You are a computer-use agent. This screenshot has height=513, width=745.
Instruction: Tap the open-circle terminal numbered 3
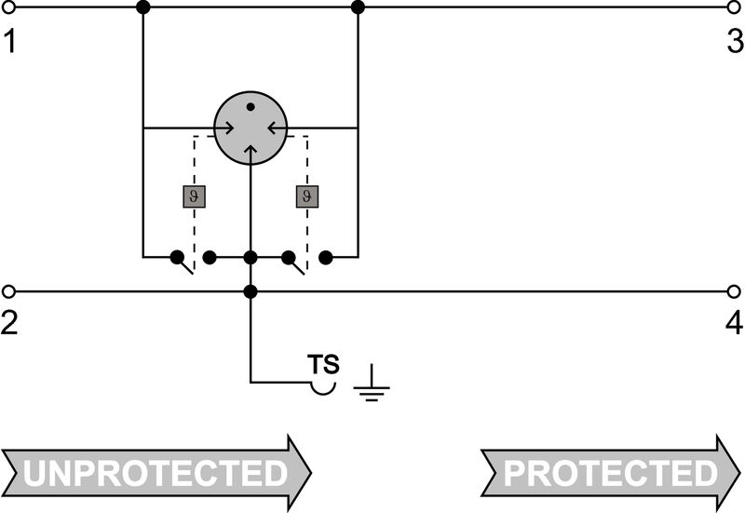(734, 7)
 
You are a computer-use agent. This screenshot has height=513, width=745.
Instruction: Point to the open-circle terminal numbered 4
(734, 291)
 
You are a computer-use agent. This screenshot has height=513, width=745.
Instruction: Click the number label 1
(9, 41)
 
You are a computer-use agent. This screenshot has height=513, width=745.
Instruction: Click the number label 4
(734, 323)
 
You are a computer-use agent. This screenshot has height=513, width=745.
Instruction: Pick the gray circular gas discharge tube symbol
(251, 128)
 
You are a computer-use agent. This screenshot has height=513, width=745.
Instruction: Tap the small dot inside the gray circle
(251, 108)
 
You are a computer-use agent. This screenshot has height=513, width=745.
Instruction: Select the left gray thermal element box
(193, 196)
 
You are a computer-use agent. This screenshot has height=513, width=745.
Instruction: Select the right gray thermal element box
(307, 196)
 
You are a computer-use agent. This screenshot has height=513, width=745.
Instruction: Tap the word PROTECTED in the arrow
(610, 473)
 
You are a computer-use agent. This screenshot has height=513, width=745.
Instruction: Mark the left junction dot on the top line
(142, 7)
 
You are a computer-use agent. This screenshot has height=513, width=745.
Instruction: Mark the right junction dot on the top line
(358, 7)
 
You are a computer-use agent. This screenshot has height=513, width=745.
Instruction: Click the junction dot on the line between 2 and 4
(251, 291)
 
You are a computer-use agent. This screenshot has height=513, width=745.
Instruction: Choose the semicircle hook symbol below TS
(322, 385)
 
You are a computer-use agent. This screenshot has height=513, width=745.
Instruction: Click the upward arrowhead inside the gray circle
(251, 150)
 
